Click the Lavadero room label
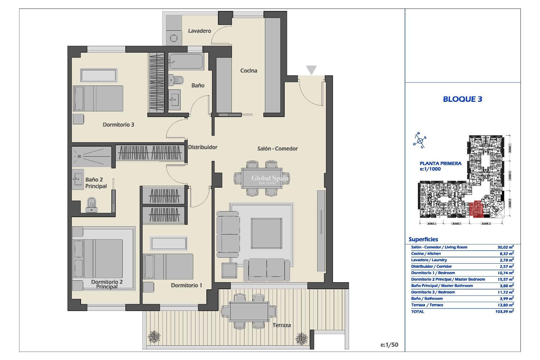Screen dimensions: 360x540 pos(199,31)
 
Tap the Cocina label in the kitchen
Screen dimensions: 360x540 pos(248,71)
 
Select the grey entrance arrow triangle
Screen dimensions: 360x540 pos(311,69)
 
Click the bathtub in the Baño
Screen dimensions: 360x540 pos(186,62)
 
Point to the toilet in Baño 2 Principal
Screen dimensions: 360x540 pos(91,204)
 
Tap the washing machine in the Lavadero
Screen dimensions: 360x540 pos(174,38)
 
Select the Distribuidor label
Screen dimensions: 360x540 pos(202,147)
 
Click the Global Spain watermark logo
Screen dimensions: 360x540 pos(269,179)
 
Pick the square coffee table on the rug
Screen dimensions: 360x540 pos(266,233)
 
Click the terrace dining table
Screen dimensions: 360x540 pos(249,311)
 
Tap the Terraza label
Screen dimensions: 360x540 pos(281,325)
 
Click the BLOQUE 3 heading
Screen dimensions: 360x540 pos(462,99)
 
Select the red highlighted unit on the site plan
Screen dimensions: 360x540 pos(476,209)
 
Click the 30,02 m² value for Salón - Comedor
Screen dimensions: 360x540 pos(505,247)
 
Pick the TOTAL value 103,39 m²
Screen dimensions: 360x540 pos(505,311)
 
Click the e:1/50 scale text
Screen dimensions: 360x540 pos(389,345)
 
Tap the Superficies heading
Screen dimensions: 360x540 pos(423,239)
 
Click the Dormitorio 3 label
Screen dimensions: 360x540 pos(118,125)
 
